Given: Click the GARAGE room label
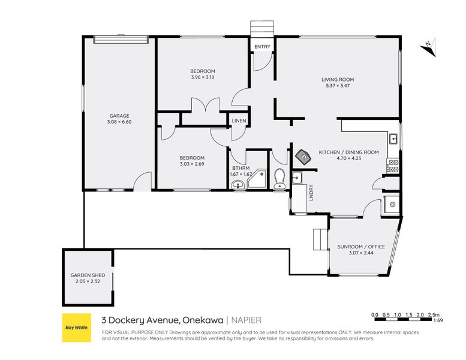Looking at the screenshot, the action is click(119, 116).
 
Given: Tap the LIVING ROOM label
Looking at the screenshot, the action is click(338, 80).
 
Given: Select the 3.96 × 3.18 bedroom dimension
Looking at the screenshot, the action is click(202, 77).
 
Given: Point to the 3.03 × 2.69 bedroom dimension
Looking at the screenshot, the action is click(192, 164).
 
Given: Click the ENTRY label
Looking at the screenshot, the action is click(263, 47).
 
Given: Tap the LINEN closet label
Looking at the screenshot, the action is click(239, 121).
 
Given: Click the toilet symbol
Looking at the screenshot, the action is click(279, 178).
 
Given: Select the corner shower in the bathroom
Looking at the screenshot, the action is click(257, 179).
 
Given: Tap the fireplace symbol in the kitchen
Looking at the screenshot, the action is click(303, 156).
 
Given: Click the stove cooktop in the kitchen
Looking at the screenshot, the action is click(393, 166).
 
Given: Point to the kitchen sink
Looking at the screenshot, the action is click(394, 139).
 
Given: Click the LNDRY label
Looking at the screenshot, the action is click(311, 193).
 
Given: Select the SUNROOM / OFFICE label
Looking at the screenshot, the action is click(361, 247).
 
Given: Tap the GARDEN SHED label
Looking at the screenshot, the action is click(88, 275).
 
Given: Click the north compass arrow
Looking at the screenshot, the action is click(428, 47).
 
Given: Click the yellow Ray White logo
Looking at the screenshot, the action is click(77, 328).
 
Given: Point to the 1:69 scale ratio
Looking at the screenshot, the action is click(438, 320).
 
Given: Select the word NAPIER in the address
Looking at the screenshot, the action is click(246, 320).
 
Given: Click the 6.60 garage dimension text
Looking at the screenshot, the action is click(126, 122).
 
